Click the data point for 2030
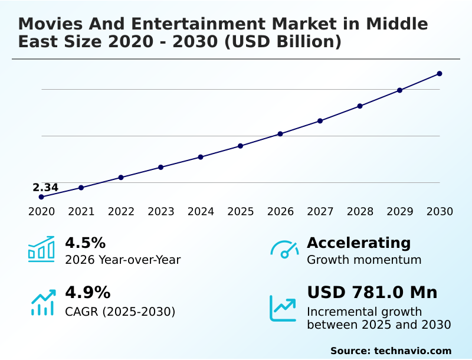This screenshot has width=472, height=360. (440, 74)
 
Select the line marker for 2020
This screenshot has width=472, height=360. (41, 197)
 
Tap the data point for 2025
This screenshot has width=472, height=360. (241, 146)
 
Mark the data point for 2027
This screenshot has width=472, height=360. (320, 121)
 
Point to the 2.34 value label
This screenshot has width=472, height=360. (45, 188)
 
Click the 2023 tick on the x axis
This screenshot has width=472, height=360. (161, 212)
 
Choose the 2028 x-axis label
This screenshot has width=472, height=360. (360, 212)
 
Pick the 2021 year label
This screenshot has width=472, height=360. (81, 212)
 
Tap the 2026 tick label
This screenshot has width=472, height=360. (280, 212)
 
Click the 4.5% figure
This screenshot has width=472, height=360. (85, 243)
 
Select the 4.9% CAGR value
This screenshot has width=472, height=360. (87, 293)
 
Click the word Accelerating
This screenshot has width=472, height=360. (359, 243)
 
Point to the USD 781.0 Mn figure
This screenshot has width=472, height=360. (372, 293)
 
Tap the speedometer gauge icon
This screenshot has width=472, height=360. (284, 250)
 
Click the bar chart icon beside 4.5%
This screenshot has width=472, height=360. (41, 250)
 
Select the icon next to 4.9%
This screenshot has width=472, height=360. (42, 302)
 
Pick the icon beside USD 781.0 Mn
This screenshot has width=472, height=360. (283, 307)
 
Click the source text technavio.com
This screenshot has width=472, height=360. (412, 351)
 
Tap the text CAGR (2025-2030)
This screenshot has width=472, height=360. (120, 312)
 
